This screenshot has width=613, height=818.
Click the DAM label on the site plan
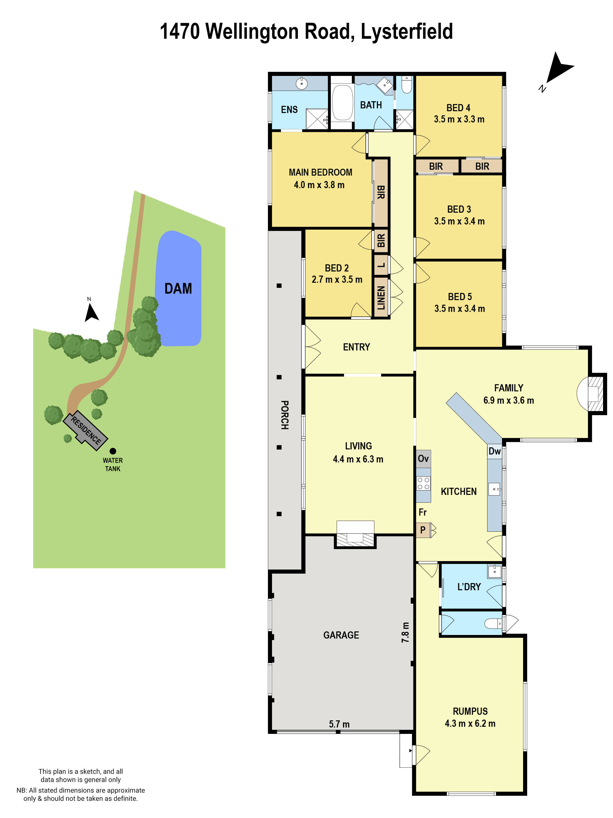point(178,288)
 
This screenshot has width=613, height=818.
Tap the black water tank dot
point(113,451)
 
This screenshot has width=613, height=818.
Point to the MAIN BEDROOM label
point(320,172)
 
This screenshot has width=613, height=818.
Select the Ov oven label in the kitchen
point(423,459)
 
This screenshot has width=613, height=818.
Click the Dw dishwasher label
point(494,451)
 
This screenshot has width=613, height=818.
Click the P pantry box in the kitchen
point(423,530)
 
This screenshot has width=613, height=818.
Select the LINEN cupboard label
point(381,298)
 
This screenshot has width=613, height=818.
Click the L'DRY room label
point(469,587)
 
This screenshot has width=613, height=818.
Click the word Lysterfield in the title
point(406,31)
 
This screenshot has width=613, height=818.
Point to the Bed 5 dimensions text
point(460,309)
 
